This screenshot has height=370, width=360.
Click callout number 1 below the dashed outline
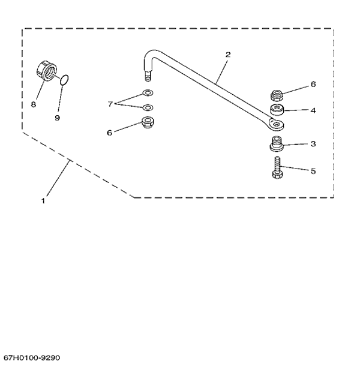43,201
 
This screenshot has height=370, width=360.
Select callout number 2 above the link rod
228,55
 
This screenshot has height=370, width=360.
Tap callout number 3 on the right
313,144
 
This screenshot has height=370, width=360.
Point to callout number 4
313,110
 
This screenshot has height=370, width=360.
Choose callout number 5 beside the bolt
313,171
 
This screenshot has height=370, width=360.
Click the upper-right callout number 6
313,84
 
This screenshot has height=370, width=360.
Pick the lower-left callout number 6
109,133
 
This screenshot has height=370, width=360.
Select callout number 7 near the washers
110,104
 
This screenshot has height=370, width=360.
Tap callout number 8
33,104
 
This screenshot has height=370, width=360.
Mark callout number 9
57,118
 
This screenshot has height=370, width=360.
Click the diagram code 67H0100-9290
32,358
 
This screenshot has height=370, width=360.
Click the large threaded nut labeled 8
47,70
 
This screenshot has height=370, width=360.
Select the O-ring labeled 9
64,80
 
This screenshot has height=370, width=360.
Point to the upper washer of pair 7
148,93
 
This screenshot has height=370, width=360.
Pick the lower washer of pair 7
148,107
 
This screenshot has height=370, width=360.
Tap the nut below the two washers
148,122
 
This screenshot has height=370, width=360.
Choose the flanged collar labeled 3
277,143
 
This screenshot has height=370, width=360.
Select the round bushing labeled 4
277,110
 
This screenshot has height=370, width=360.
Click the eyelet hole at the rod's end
275,124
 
